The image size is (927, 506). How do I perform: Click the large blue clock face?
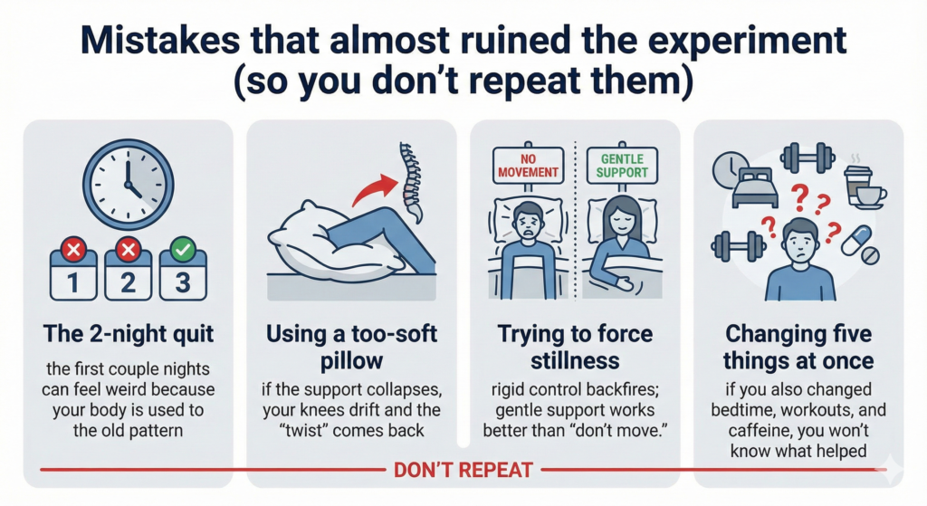[x=127, y=180]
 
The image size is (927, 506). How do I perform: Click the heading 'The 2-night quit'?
[x=127, y=334]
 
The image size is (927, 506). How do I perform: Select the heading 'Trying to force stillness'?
[x=575, y=347]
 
